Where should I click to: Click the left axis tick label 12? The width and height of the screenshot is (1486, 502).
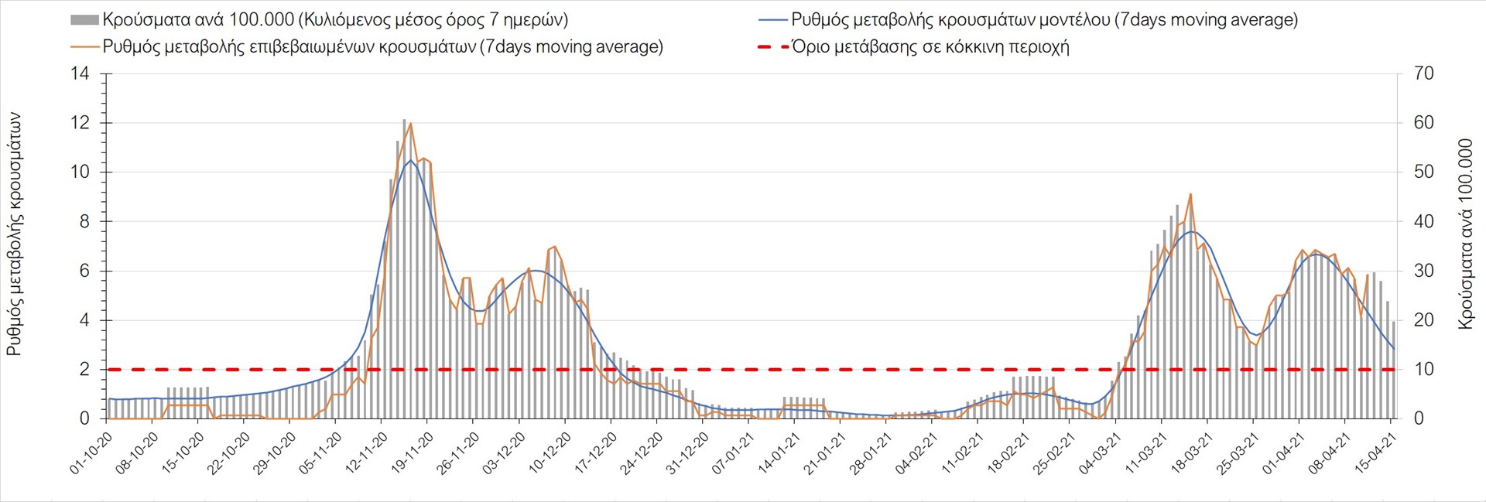[80, 123]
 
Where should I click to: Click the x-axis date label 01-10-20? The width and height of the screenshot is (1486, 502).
[92, 453]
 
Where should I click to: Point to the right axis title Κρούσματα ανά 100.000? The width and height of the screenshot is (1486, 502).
[1465, 234]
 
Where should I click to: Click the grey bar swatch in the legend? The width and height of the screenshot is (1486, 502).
[84, 20]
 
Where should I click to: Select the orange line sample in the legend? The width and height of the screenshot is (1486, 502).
[84, 47]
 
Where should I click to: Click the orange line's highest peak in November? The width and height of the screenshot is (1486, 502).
[410, 123]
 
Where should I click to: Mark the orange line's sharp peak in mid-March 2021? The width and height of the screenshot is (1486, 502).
[1190, 194]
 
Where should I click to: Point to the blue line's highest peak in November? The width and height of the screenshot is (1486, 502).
[410, 160]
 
